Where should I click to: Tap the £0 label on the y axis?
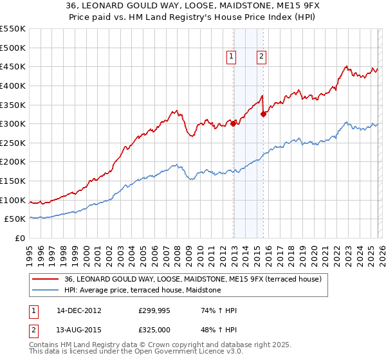[x=19, y=238]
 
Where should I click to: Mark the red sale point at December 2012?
[x=233, y=124]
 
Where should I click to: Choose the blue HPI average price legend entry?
[x=142, y=291]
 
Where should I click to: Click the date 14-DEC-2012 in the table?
[x=79, y=310]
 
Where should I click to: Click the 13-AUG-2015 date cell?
[x=79, y=330]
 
